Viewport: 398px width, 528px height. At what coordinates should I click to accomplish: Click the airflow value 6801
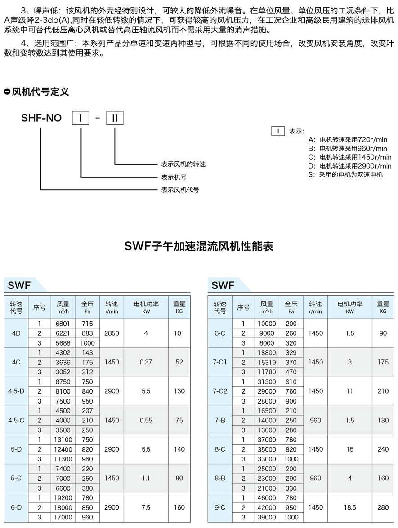63,324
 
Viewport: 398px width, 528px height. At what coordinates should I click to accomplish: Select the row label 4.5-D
16,391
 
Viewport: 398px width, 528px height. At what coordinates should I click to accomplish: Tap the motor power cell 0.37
146,362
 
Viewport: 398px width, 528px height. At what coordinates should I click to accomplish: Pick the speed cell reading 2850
112,333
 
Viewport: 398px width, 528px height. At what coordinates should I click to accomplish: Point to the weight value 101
179,333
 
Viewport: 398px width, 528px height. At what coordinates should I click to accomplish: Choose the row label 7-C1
220,362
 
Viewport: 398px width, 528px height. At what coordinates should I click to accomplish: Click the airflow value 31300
267,382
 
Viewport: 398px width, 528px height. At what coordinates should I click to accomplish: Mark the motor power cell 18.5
350,507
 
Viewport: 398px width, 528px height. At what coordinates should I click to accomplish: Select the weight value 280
383,507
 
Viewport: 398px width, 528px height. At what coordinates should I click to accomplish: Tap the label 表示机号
174,177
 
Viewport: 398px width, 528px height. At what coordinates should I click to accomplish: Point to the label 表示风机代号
180,190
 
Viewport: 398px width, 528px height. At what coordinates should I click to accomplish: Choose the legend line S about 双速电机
345,174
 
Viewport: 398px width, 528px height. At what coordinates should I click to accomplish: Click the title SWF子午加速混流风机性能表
198,246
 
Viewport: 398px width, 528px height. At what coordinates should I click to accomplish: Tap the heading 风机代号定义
40,92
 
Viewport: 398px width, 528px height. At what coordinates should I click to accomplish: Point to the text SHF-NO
41,118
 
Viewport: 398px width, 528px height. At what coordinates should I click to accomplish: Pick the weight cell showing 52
179,362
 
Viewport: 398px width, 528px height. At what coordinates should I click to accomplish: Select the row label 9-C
220,507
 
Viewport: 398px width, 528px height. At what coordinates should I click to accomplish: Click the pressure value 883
87,333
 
